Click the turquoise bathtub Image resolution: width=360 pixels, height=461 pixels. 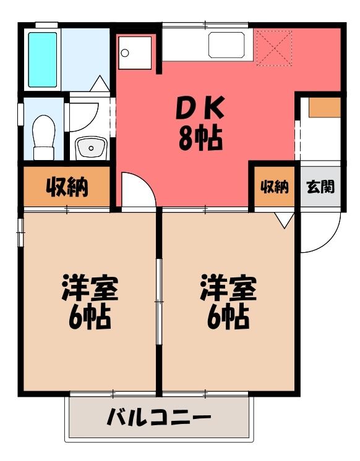click(x=43, y=60)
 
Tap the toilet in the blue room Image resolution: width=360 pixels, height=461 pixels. click(x=44, y=137)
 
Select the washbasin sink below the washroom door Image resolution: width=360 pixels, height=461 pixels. click(x=91, y=148)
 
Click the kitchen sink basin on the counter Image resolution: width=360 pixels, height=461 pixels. click(x=226, y=45)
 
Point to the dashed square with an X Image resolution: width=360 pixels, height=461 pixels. click(x=275, y=48)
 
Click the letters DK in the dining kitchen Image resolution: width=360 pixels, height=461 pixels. click(x=200, y=108)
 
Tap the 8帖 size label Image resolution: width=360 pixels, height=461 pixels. click(x=200, y=138)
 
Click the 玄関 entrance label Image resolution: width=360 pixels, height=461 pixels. click(x=320, y=187)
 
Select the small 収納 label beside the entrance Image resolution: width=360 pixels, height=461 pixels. click(x=275, y=187)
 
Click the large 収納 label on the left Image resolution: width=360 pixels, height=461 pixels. click(x=67, y=187)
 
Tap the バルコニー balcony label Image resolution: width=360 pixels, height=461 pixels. click(x=159, y=417)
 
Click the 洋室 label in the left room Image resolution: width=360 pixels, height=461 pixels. click(x=90, y=287)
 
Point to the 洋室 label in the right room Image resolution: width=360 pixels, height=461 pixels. click(x=228, y=287)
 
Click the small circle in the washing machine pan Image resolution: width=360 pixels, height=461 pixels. click(x=125, y=53)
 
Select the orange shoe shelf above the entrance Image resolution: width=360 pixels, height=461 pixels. click(x=325, y=108)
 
